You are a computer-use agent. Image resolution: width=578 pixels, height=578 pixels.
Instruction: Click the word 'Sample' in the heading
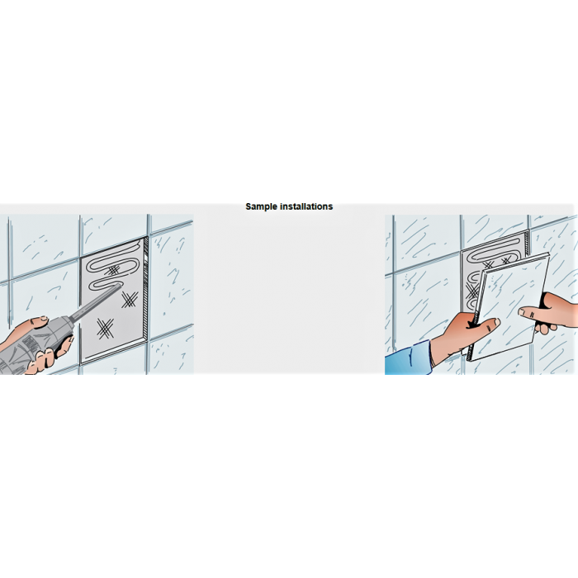click(262, 206)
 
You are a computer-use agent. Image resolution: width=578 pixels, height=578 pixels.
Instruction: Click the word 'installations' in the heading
click(306, 206)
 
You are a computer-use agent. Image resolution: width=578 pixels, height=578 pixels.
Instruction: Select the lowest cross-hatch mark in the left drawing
click(106, 329)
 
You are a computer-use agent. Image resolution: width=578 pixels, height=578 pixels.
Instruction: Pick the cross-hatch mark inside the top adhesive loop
click(113, 270)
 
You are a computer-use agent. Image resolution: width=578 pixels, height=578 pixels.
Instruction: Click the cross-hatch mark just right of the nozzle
click(130, 300)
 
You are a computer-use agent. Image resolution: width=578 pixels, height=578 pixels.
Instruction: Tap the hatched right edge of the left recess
click(145, 287)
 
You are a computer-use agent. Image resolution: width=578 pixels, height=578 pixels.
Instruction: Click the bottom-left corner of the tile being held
click(471, 361)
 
